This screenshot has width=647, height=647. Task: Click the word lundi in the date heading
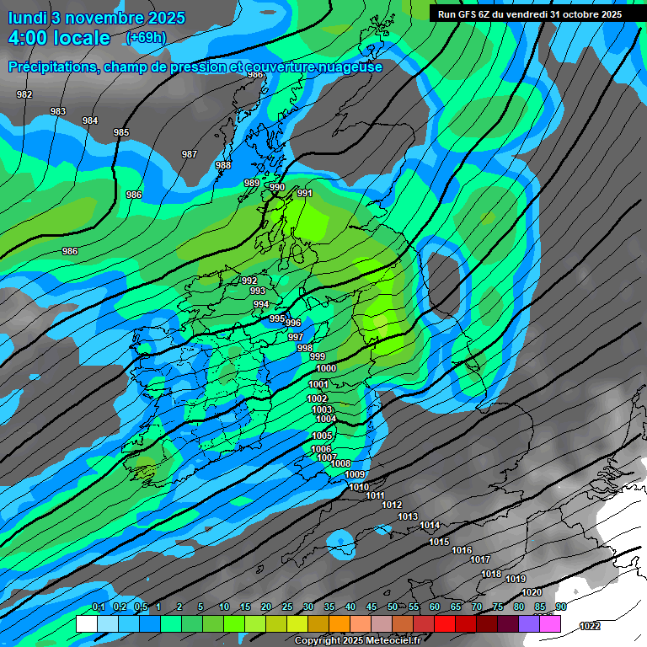pyautogui.click(x=29, y=17)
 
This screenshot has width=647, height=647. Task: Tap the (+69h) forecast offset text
pyautogui.click(x=146, y=38)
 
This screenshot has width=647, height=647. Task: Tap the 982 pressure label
pyautogui.click(x=24, y=94)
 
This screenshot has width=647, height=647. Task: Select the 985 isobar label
pyautogui.click(x=121, y=132)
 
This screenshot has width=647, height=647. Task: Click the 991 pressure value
pyautogui.click(x=305, y=194)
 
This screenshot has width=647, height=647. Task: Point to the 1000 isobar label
pyautogui.click(x=326, y=368)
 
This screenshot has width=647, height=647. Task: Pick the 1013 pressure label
pyautogui.click(x=408, y=516)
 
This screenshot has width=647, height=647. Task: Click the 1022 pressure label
pyautogui.click(x=590, y=626)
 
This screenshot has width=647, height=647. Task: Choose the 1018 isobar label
pyautogui.click(x=491, y=575)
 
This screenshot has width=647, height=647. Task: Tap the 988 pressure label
pyautogui.click(x=222, y=165)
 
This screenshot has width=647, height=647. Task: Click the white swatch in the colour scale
pyautogui.click(x=86, y=624)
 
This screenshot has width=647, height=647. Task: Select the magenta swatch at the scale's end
pyautogui.click(x=551, y=624)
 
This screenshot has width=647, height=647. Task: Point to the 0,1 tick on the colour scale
pyautogui.click(x=98, y=607)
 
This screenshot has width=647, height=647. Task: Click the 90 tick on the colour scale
pyautogui.click(x=560, y=607)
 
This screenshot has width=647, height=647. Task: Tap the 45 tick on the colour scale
pyautogui.click(x=372, y=607)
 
